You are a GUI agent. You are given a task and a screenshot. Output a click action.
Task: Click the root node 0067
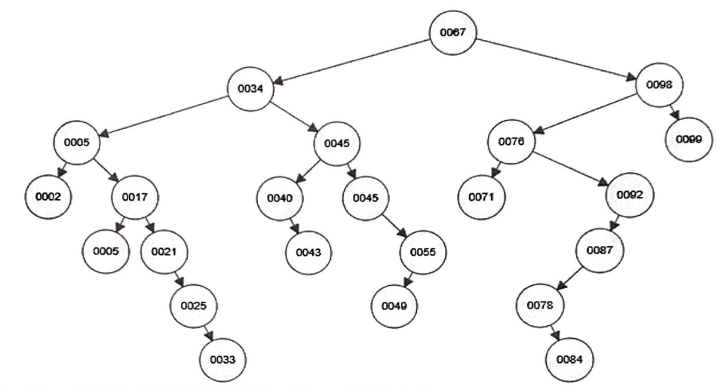pyautogui.click(x=453, y=32)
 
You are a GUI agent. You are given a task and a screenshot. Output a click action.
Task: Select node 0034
pyautogui.click(x=251, y=88)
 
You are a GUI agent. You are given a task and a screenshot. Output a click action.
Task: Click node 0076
pyautogui.click(x=511, y=141)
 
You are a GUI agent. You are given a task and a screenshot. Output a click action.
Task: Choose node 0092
pyautogui.click(x=629, y=195)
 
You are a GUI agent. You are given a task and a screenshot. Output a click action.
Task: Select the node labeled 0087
pyautogui.click(x=600, y=251)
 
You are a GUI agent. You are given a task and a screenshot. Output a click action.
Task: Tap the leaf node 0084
pyautogui.click(x=571, y=358)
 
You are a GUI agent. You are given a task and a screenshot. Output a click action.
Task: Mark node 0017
pyautogui.click(x=135, y=198)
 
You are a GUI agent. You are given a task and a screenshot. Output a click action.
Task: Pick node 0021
pyautogui.click(x=164, y=251)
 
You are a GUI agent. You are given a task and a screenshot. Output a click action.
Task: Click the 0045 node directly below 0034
pyautogui.click(x=337, y=143)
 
